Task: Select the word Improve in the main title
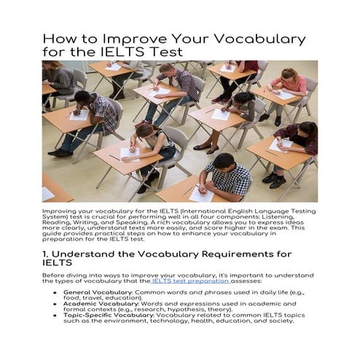[125, 39]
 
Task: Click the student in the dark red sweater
[299, 138]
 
